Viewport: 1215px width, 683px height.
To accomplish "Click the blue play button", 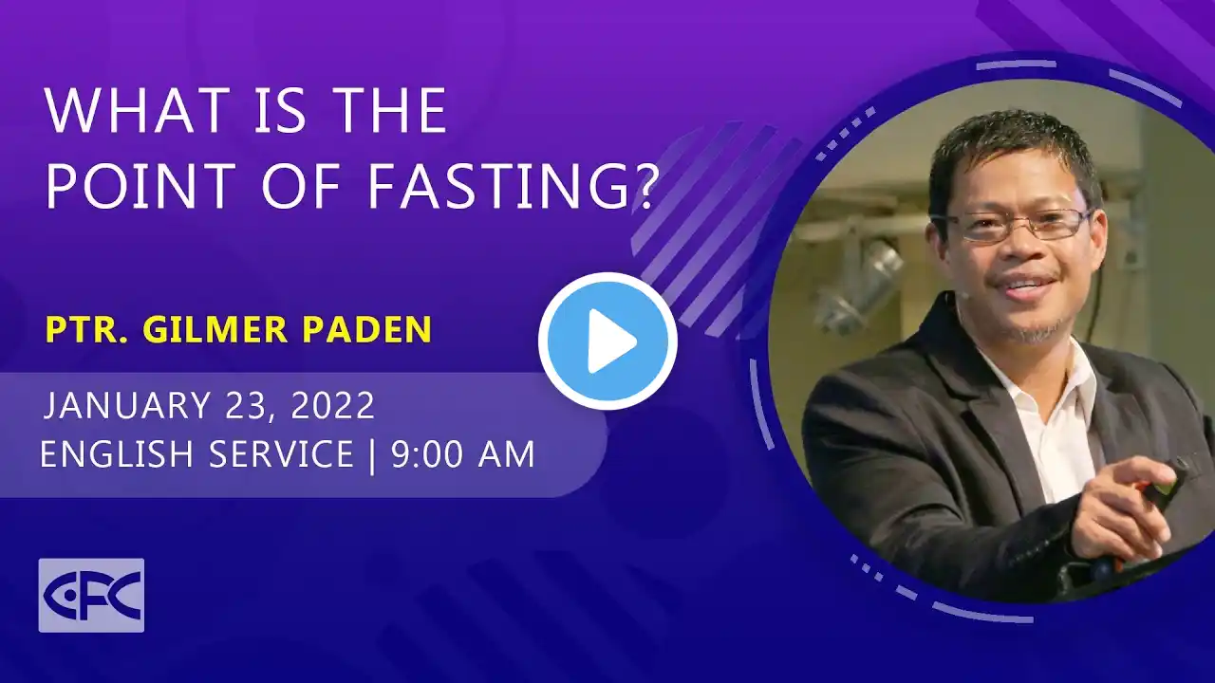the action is (607, 341).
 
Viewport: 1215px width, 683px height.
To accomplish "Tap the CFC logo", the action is (91, 595).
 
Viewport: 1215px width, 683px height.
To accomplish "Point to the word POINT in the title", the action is (141, 186).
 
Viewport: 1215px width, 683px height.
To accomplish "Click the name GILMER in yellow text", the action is (215, 328).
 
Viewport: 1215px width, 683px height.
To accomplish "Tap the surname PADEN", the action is (366, 328).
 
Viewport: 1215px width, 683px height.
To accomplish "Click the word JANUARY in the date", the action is (127, 404).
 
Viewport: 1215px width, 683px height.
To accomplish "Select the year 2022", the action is (333, 404).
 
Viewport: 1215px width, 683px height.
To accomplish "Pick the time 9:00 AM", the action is (462, 453).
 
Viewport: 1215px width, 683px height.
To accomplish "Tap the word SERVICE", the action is (281, 453).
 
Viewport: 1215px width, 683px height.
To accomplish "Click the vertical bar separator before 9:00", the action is (372, 455).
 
